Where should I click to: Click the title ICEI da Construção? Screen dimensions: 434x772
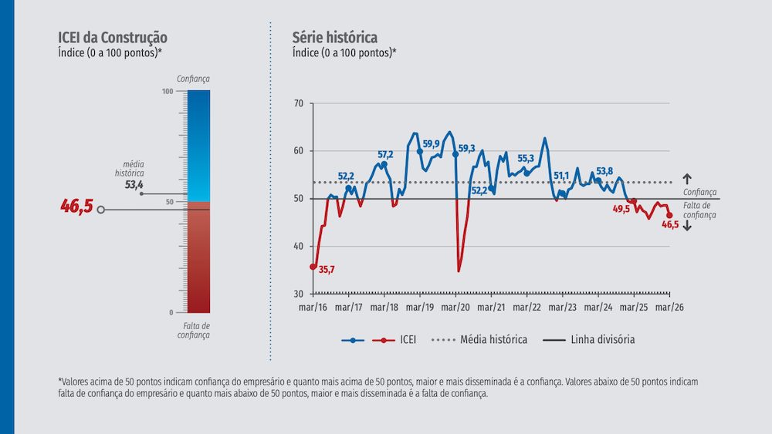point(113,38)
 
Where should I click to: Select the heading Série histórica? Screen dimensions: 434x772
point(334,38)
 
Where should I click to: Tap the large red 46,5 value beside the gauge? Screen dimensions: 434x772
point(76,207)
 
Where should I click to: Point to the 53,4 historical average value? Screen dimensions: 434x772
point(134,185)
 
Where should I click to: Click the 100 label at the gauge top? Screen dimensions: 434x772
point(168,92)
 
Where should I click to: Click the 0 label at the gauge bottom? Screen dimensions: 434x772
point(171,312)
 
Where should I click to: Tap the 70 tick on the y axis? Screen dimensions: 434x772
point(299,103)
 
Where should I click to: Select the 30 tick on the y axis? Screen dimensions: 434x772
point(299,294)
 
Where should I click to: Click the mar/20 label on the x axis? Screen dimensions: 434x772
point(455,307)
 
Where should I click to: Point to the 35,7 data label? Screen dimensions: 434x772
point(327,269)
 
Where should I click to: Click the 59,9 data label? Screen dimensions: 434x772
point(431,143)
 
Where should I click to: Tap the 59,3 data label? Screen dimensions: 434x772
point(467,149)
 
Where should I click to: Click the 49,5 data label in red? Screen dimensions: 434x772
point(621,208)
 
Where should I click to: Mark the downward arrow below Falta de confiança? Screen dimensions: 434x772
point(687,225)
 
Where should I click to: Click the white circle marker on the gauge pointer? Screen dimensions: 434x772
point(100,209)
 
